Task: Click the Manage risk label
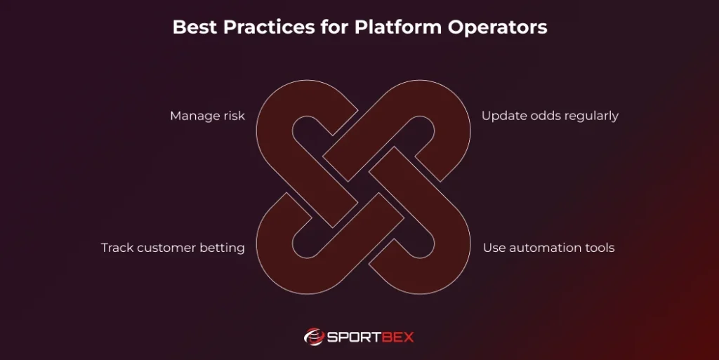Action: coord(207,116)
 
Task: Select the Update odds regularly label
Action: coord(550,116)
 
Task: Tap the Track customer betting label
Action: coord(173,248)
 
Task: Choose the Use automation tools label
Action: coord(548,248)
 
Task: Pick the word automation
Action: coord(545,248)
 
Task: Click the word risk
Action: coord(233,116)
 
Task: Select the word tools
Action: coord(599,248)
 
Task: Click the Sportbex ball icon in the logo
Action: coord(314,337)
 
